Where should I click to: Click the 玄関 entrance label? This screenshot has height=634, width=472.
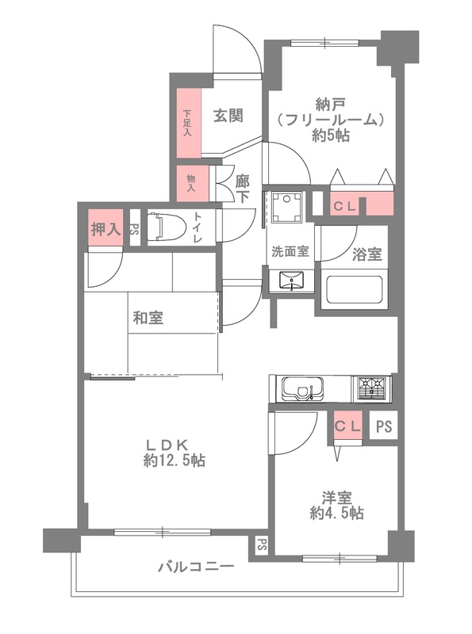tap(228, 116)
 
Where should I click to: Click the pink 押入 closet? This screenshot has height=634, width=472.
tap(106, 230)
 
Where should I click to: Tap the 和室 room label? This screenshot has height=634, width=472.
tap(148, 319)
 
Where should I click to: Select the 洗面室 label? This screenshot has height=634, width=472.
tap(290, 253)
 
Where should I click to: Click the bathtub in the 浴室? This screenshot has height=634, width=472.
tap(354, 290)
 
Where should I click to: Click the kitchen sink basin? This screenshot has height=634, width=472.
tap(301, 389)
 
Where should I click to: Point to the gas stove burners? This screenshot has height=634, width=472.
tap(371, 388)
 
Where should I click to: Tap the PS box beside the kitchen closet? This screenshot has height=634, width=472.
tap(384, 426)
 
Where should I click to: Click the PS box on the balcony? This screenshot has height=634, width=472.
tap(260, 546)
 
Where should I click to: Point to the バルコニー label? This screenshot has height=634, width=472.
tap(195, 567)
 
